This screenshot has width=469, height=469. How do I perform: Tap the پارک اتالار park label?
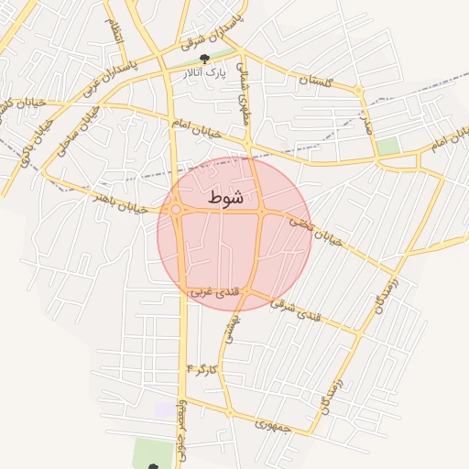203,71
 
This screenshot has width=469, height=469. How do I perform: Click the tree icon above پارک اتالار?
216,58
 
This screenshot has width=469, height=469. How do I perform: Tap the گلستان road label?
313,81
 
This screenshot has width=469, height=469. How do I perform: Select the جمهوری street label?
273,425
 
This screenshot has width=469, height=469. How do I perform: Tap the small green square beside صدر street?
388,145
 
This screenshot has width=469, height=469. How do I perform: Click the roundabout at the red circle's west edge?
176,210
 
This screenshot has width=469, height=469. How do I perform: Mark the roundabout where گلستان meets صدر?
358,90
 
